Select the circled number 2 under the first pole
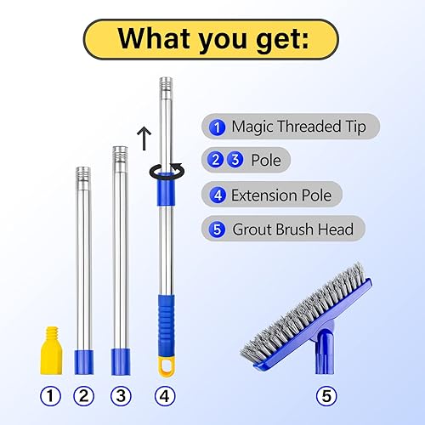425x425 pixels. [x=83, y=394]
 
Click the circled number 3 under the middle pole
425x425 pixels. [x=120, y=394]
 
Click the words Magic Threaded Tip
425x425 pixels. [x=298, y=127]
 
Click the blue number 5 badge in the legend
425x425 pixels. [x=218, y=229]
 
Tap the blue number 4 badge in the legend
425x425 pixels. [x=218, y=194]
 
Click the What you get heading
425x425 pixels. [x=212, y=38]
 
